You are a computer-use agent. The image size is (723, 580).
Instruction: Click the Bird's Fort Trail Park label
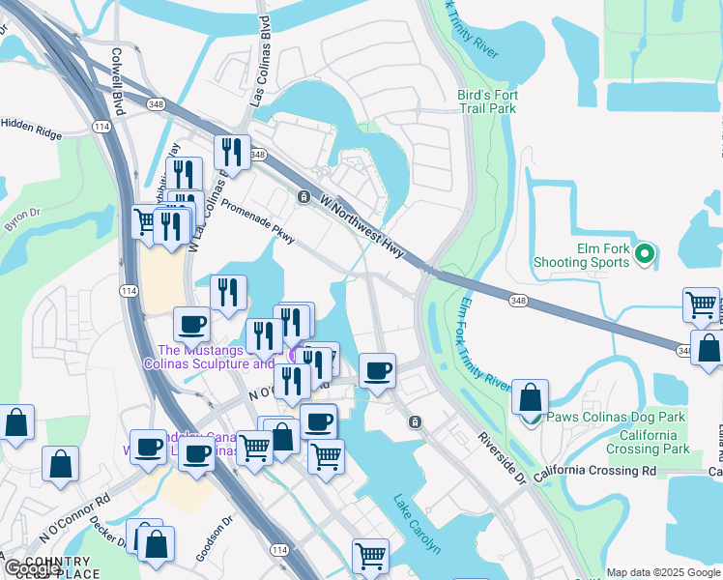[x=486, y=101]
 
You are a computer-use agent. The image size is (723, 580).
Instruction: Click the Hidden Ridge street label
[x=31, y=124]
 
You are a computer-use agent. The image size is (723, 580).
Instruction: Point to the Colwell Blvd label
[x=118, y=83]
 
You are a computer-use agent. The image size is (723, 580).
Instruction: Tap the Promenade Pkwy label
[x=258, y=221]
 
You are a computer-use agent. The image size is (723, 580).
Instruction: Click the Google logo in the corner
[x=31, y=569]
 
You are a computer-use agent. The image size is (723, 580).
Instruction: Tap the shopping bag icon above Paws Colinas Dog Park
[x=530, y=397]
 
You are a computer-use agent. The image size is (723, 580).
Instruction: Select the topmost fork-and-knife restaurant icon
[x=232, y=151]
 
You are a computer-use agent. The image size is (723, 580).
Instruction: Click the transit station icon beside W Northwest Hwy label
[x=304, y=197]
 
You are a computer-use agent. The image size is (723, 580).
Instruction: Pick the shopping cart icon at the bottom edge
[x=370, y=556]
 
